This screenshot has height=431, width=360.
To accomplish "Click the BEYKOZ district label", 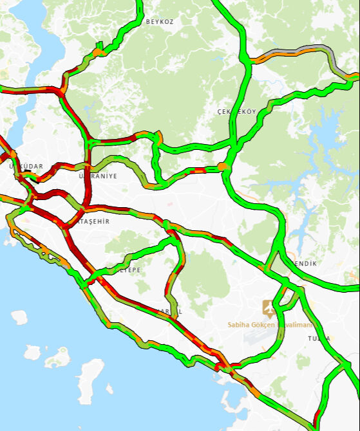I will point(160,21).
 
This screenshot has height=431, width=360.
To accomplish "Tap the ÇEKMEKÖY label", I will point(237,112).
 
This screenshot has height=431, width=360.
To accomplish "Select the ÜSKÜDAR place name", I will point(26,167).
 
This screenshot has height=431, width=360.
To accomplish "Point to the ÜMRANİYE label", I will point(97,176).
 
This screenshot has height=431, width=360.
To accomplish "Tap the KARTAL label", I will point(168,311).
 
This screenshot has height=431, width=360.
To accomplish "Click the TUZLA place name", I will point(319,338).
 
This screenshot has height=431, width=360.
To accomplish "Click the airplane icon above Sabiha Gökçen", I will point(268,308).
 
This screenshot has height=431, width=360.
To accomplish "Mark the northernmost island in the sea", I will point(19,317).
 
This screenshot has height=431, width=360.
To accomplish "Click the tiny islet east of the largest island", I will point(109,389).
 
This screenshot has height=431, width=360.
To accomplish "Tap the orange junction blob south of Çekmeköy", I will point(223,167).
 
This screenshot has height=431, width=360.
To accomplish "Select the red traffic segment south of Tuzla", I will point(316,417).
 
